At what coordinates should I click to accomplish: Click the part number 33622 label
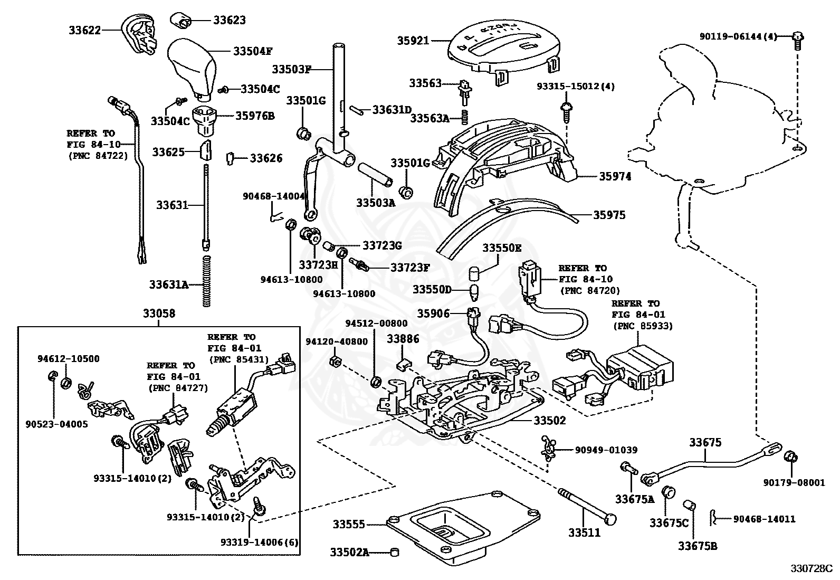pyautogui.click(x=84, y=31)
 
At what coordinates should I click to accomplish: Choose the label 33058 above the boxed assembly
pyautogui.click(x=159, y=313)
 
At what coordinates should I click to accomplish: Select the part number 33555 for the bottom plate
pyautogui.click(x=348, y=525)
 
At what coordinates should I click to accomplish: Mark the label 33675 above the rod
pyautogui.click(x=705, y=442)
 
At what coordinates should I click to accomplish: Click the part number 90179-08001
pyautogui.click(x=794, y=482)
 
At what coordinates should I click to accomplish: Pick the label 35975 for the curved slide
pyautogui.click(x=609, y=215)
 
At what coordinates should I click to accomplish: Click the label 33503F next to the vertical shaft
pyautogui.click(x=292, y=69)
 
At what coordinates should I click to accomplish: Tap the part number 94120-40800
pyautogui.click(x=337, y=341)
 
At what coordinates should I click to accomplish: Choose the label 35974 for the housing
pyautogui.click(x=615, y=176)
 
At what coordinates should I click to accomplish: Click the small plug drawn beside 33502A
pyautogui.click(x=393, y=552)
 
